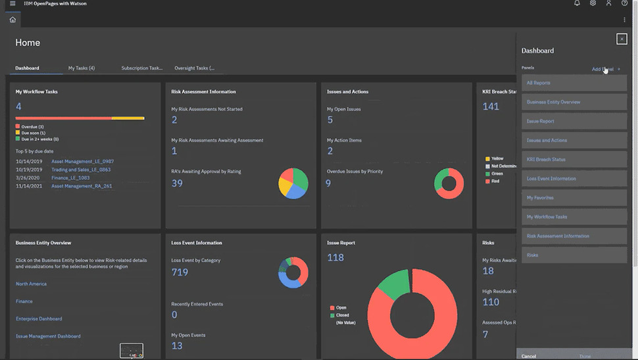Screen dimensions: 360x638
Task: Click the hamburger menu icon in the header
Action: point(12,3)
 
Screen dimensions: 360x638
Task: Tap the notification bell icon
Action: point(577,3)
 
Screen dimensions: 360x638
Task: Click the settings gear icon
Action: point(593,3)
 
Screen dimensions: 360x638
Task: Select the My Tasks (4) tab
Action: point(82,68)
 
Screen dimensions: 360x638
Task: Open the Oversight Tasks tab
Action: point(194,68)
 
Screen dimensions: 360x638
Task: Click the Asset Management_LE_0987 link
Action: point(82,161)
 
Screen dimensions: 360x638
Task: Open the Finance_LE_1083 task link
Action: point(70,178)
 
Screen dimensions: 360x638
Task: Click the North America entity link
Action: point(31,284)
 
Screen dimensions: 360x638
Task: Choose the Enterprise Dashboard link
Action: point(39,319)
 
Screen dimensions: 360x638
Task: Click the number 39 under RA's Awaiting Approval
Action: point(177,183)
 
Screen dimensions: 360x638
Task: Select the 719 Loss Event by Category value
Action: point(180,272)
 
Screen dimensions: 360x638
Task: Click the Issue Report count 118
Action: point(335,257)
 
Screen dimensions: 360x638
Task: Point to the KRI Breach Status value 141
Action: point(491,107)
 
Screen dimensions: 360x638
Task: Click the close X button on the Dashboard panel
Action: point(622,39)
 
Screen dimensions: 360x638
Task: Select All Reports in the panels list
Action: point(574,83)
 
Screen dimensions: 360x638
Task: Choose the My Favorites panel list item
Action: point(574,197)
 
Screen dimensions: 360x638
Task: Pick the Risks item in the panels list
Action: point(574,255)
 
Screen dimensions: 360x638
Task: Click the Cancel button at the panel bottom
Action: point(529,356)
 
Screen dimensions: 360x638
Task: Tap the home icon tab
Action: point(12,20)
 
